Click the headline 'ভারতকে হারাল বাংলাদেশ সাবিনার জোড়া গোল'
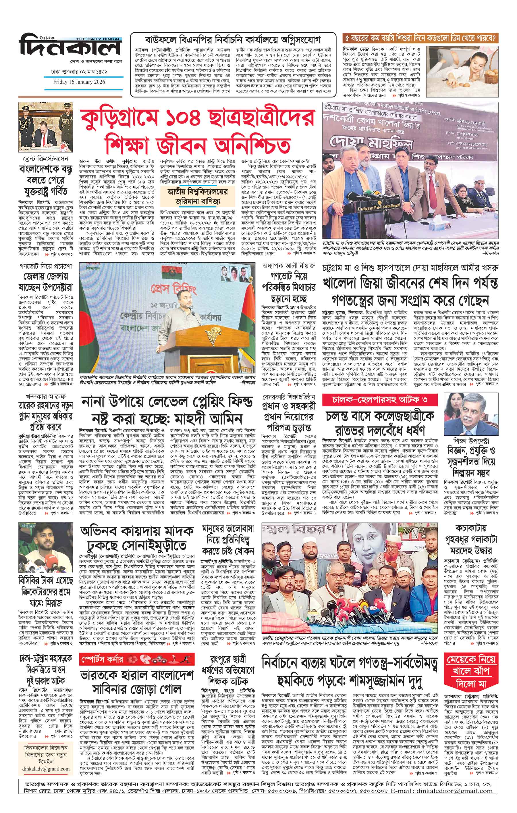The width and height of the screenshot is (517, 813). click(136, 662)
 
